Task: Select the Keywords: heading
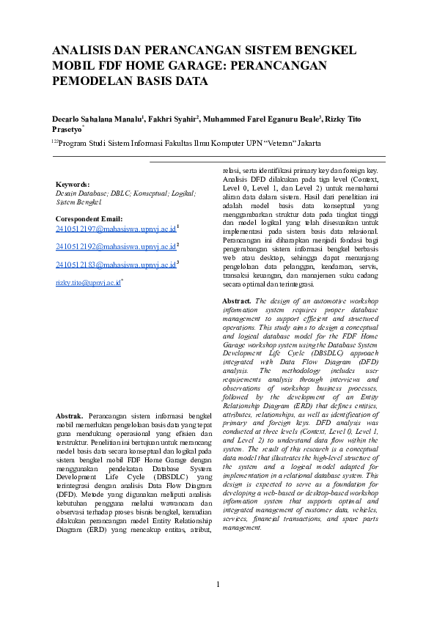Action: pyautogui.click(x=73, y=184)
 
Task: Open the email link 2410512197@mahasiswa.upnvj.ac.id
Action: pyautogui.click(x=116, y=229)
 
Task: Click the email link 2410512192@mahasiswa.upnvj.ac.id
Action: pyautogui.click(x=116, y=248)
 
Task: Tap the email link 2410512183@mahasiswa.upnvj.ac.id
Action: pyautogui.click(x=116, y=265)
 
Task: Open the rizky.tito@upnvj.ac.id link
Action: pyautogui.click(x=87, y=283)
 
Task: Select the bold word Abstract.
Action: pyautogui.click(x=236, y=301)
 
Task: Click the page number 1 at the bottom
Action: pyautogui.click(x=218, y=584)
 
